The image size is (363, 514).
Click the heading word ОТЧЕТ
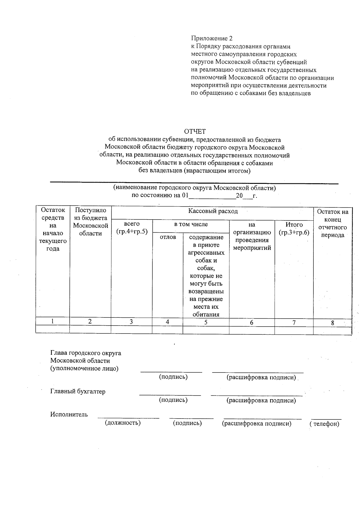(195, 131)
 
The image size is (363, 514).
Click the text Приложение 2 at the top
(212, 38)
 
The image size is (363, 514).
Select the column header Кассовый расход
(213, 211)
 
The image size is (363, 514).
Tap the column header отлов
(168, 237)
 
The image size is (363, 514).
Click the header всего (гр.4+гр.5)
(132, 227)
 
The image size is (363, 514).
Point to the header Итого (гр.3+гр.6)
(294, 228)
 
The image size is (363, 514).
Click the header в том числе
(191, 224)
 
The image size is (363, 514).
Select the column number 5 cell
(206, 322)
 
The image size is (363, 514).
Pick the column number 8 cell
(332, 323)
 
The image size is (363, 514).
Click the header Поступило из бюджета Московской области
(90, 222)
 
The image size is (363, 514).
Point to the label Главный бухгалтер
(78, 392)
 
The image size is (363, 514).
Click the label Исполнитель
(69, 415)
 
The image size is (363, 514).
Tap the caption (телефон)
(324, 424)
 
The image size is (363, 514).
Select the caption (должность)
(123, 423)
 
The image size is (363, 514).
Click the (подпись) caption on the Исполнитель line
(187, 423)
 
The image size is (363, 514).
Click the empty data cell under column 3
(131, 330)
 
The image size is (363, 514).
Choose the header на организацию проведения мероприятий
(252, 236)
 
